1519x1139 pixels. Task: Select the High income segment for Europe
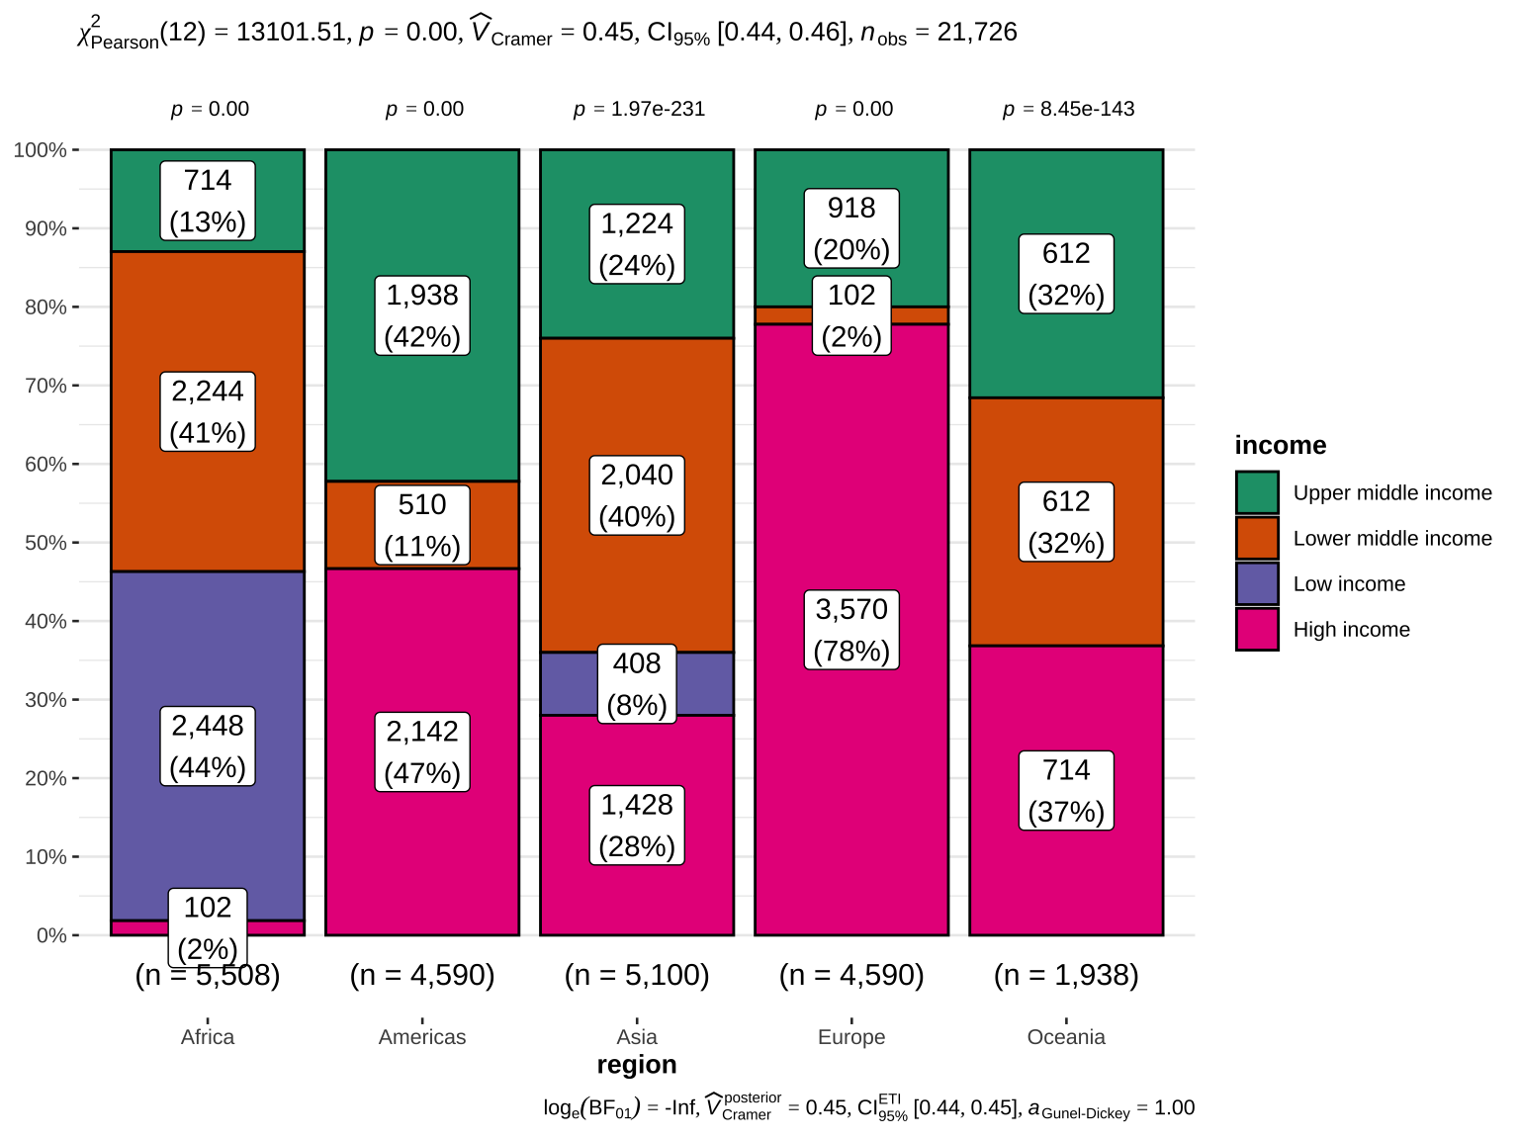(x=851, y=494)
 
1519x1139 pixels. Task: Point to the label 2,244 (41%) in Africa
(x=208, y=412)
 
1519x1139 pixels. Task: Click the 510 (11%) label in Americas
(x=422, y=525)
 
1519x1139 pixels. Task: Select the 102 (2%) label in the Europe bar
(x=851, y=315)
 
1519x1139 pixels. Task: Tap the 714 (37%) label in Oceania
(x=1066, y=790)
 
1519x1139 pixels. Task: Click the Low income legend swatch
(x=1257, y=583)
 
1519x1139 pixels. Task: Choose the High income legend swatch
(x=1257, y=629)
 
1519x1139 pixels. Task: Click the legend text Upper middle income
(x=1391, y=492)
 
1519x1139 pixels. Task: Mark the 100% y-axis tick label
(x=41, y=150)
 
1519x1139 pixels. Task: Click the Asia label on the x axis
(x=637, y=1036)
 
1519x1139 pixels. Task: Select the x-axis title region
(x=637, y=1064)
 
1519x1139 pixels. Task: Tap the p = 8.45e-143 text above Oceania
(x=1068, y=109)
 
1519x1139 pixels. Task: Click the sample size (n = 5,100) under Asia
(x=637, y=975)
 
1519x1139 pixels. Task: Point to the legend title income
(x=1280, y=445)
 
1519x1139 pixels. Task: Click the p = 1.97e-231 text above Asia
(x=639, y=109)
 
